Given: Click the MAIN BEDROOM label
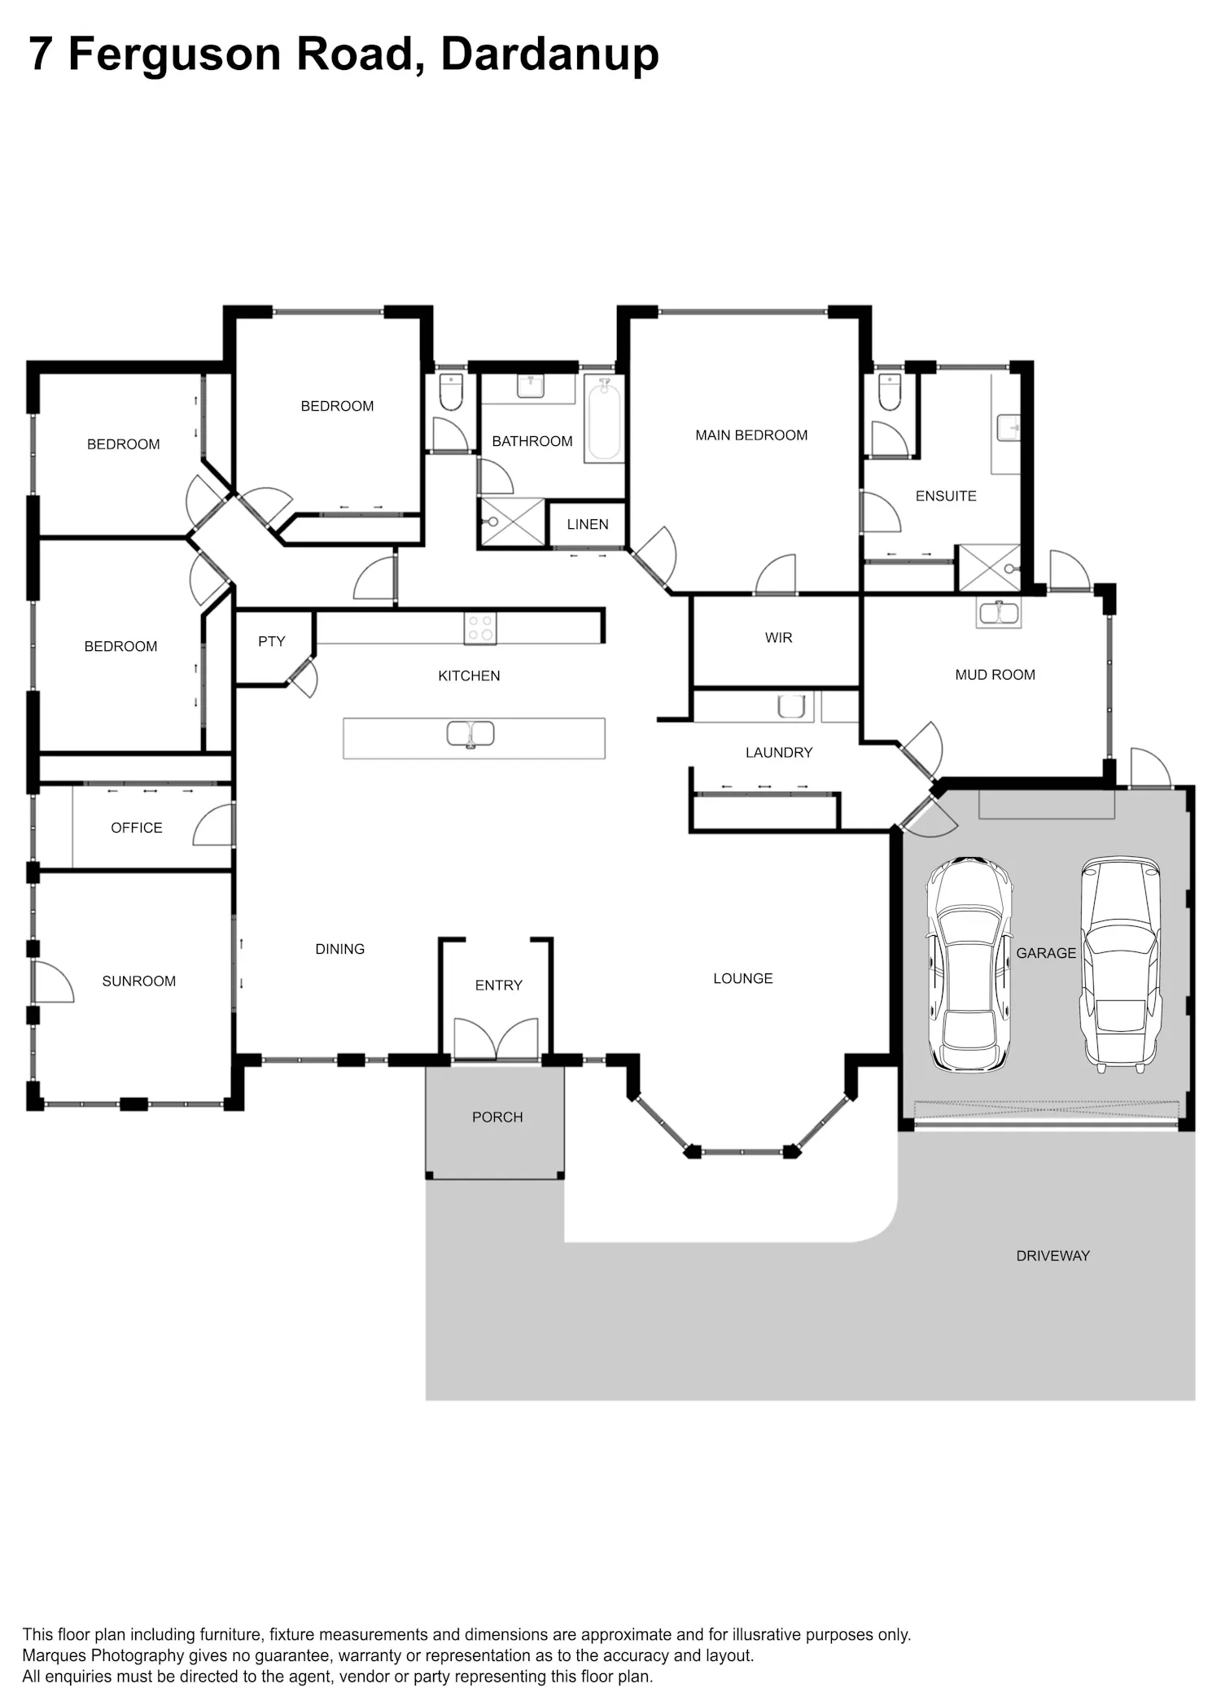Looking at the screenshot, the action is coord(751,435).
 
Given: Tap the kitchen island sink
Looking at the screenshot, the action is coord(470,734).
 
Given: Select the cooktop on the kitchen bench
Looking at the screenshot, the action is coord(480,628).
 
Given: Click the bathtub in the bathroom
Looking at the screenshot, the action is coord(605,420).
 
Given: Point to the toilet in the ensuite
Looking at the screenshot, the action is coord(890,392).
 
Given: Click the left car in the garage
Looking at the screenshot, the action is coord(969,964).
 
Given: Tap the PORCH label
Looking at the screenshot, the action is coord(497,1117).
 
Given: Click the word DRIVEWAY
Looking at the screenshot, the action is coord(1053,1256).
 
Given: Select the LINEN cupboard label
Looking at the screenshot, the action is coord(588,524).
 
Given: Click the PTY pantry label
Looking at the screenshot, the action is coord(272,641).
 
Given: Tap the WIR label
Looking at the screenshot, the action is coord(778,638).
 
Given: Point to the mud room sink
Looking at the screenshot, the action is coord(999,613).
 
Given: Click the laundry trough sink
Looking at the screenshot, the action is coord(791,706).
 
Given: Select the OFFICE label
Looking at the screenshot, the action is coord(137,828).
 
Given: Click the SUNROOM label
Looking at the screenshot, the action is coord(139,981).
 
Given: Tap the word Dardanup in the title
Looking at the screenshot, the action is coord(549,55).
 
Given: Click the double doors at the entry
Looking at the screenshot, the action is coord(497,1039).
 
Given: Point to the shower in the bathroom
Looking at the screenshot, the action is coord(513,522).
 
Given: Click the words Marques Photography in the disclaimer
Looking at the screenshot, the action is coord(103,1655).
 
